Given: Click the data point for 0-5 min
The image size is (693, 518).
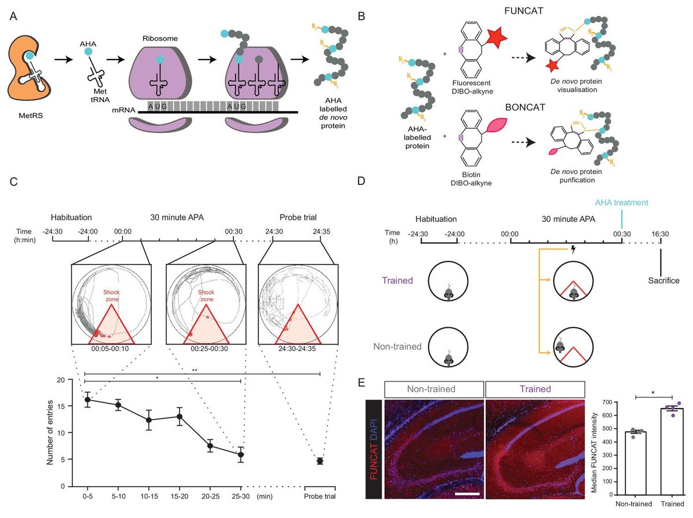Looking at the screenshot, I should (x=87, y=399).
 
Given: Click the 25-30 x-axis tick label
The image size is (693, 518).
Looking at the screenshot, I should (x=241, y=496).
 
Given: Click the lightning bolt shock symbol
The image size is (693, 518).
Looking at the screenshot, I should (x=573, y=249).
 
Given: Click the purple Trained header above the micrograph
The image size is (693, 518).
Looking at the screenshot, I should (x=535, y=389).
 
